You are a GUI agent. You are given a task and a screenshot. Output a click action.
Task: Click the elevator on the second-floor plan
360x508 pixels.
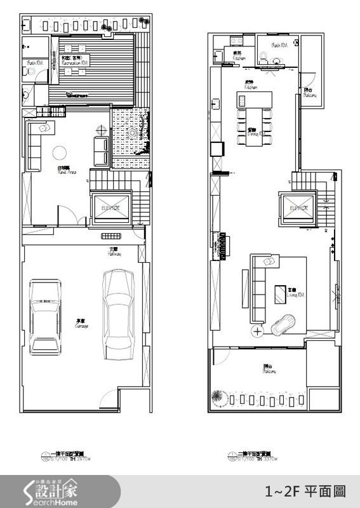[298, 208]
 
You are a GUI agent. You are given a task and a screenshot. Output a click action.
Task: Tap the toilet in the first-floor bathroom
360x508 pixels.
[27, 71]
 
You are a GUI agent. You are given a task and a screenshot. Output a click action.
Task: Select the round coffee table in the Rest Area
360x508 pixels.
[60, 152]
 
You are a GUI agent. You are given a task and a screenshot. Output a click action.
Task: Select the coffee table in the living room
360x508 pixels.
[279, 294]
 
